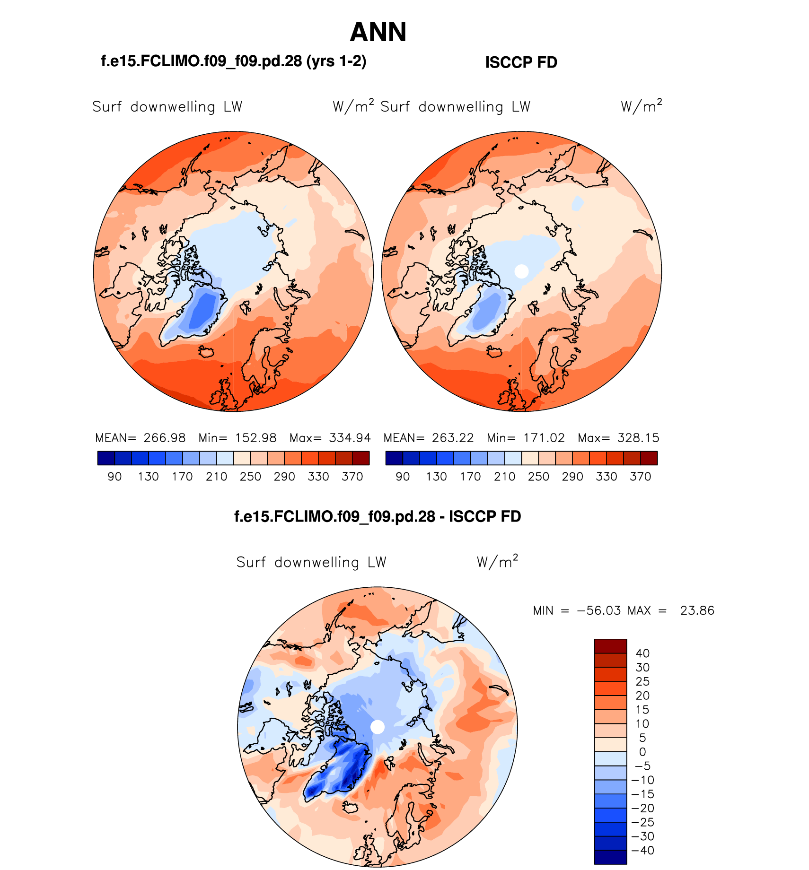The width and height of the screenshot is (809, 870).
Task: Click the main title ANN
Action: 378,32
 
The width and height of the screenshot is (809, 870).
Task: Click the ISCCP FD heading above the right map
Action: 521,62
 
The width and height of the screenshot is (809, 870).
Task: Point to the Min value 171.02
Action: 544,438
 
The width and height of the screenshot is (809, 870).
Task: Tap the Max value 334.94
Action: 350,438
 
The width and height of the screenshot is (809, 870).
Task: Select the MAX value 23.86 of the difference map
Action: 697,610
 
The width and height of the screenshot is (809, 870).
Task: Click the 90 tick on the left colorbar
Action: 114,477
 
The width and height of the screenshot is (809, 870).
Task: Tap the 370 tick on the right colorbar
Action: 640,477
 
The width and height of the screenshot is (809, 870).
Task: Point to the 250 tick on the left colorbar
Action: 250,477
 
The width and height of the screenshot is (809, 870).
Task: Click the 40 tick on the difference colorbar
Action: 642,653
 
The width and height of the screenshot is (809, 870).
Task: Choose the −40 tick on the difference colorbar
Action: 642,850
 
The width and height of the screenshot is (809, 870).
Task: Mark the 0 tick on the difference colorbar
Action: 642,752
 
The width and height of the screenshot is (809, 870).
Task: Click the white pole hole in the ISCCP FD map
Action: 521,271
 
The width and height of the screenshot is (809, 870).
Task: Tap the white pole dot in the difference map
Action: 378,727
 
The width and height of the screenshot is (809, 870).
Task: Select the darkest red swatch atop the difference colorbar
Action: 610,646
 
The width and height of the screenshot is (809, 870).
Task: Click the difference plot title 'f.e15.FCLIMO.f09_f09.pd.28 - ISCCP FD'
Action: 378,516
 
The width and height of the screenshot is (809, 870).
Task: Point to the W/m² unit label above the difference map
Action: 497,562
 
